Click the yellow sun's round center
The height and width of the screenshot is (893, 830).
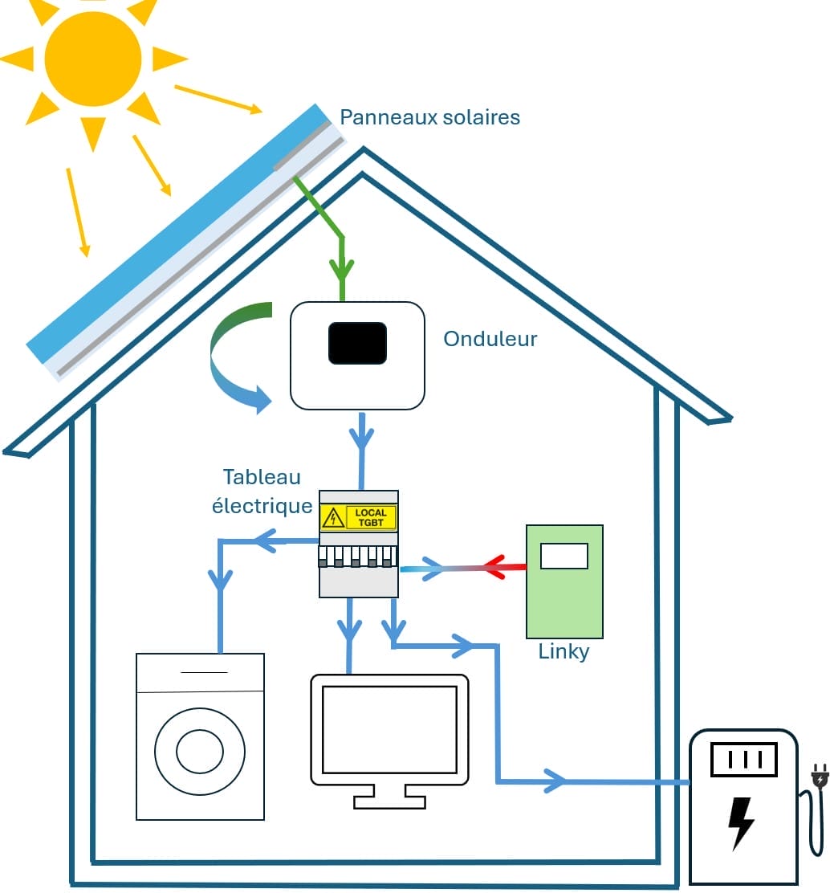[93, 58]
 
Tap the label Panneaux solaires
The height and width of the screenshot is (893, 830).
[429, 117]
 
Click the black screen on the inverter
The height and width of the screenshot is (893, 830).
[357, 344]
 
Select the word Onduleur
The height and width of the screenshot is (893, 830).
[490, 339]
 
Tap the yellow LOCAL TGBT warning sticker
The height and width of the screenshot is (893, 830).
[359, 518]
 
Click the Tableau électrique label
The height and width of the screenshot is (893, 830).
[262, 491]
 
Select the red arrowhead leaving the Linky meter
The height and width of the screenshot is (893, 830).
[494, 567]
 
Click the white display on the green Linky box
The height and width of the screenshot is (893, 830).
[564, 556]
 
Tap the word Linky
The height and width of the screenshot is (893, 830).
[564, 651]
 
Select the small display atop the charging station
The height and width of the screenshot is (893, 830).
[744, 759]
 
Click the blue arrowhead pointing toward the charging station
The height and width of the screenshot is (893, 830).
[555, 780]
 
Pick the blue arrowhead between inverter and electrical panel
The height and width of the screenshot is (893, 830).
[362, 438]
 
